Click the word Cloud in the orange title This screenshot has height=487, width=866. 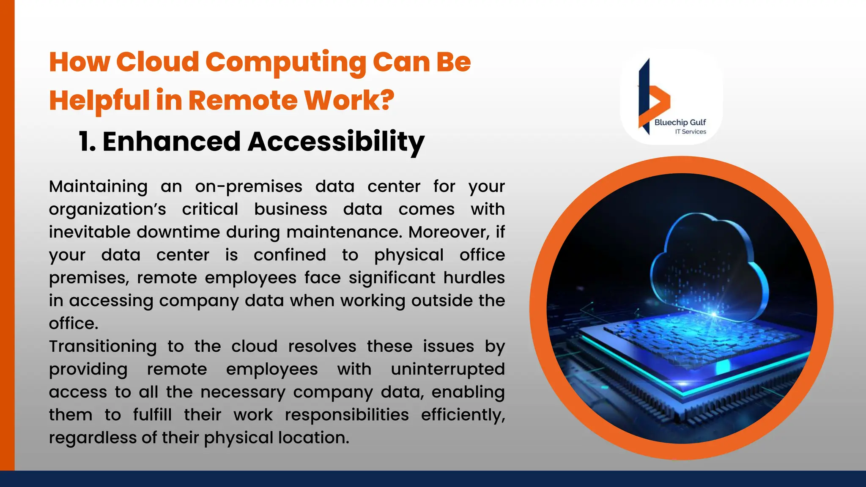[157, 62]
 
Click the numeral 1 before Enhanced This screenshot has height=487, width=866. [85, 142]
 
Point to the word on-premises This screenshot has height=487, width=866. [249, 187]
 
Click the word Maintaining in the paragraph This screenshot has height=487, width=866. [98, 187]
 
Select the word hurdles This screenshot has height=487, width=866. [474, 278]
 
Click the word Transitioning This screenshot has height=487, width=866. [103, 347]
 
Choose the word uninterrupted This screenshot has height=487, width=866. [448, 369]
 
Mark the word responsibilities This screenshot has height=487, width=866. [347, 415]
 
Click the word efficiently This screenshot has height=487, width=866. [463, 415]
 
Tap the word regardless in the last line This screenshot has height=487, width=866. [93, 438]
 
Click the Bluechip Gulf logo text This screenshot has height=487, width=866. [680, 123]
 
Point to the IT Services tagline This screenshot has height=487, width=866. [691, 132]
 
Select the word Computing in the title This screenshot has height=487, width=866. [286, 62]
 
